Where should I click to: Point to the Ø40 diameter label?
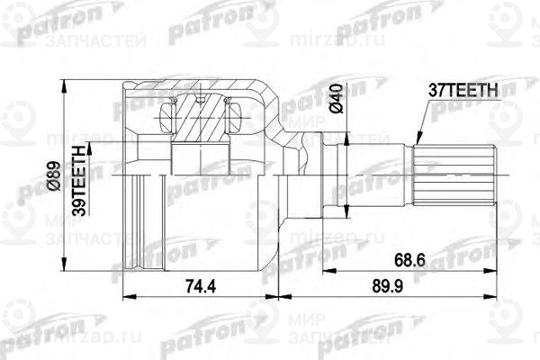pyautogui.click(x=334, y=96)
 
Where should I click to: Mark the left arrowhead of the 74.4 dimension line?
pyautogui.click(x=123, y=294)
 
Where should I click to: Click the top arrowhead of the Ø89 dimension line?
pyautogui.click(x=64, y=81)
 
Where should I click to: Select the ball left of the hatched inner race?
pyautogui.click(x=166, y=116)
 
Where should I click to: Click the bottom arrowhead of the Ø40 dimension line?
pyautogui.click(x=346, y=216)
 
